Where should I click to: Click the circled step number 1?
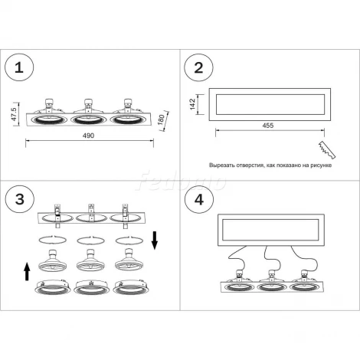[x=19, y=67]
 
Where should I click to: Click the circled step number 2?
[x=198, y=67]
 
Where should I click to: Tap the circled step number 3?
[x=20, y=199]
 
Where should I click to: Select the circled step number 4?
[x=199, y=199]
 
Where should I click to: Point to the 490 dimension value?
[x=88, y=136]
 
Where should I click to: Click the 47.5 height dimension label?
[x=14, y=114]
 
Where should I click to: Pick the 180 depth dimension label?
[x=161, y=119]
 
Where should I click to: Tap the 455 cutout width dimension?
[x=268, y=126]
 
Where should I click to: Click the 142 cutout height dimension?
[x=192, y=104]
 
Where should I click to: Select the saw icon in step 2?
[x=327, y=150]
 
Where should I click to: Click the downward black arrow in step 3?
[x=155, y=241]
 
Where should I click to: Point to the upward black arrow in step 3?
[x=27, y=272]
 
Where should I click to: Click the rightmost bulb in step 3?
[x=129, y=260]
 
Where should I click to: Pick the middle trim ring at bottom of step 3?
[x=91, y=287]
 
